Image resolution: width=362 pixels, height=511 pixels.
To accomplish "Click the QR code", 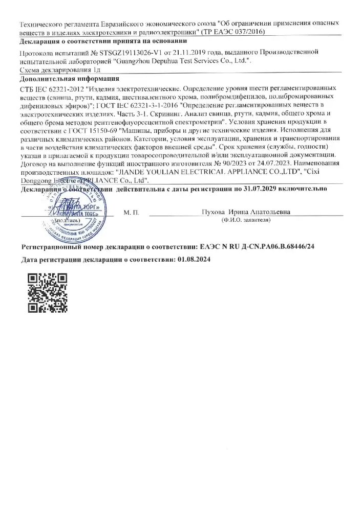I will [47, 293].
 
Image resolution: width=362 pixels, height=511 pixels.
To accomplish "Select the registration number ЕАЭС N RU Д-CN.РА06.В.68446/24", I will [256, 246].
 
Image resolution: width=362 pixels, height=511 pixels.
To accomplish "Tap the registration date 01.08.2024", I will [194, 259].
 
